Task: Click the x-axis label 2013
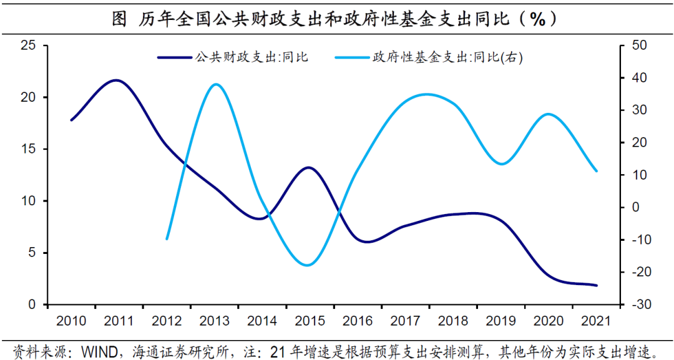(215, 321)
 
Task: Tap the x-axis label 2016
(358, 321)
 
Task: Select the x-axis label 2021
(596, 321)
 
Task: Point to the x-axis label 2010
(71, 321)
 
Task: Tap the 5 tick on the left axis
(31, 253)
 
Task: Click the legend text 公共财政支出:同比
(252, 57)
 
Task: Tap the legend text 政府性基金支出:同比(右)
(447, 57)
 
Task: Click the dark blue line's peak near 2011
(117, 80)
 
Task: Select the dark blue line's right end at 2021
(596, 285)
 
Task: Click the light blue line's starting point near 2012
(167, 238)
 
